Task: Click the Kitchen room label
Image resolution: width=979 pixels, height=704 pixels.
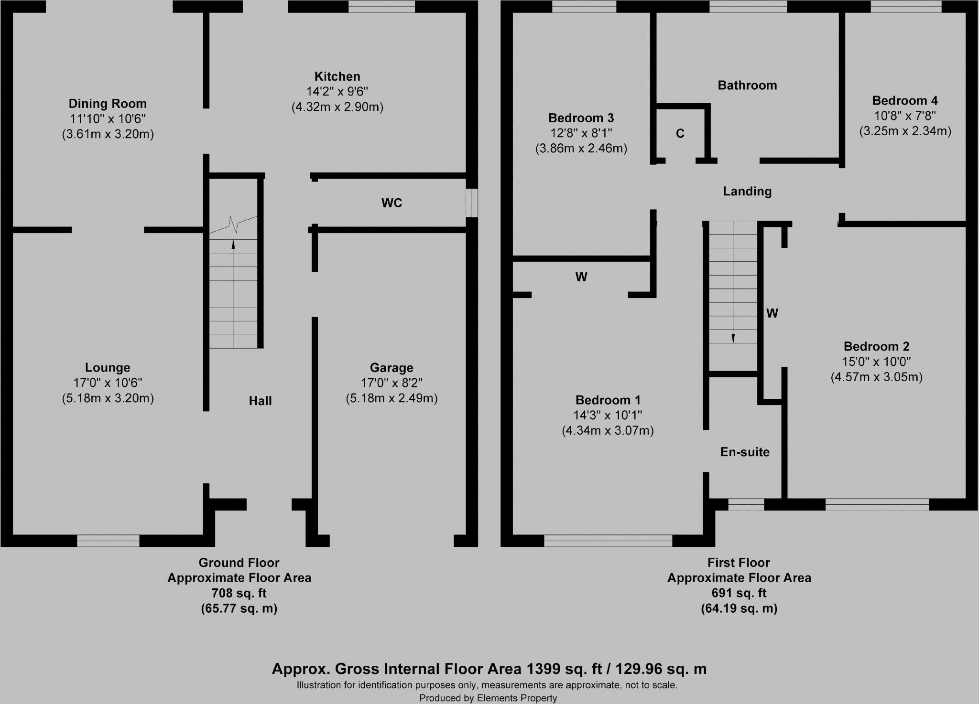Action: (337, 76)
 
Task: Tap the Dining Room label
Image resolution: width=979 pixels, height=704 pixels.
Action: (108, 104)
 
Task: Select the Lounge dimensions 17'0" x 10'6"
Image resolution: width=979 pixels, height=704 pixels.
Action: (108, 383)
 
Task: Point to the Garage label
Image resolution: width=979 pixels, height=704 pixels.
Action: (392, 368)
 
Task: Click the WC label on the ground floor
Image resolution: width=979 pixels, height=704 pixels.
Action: (392, 203)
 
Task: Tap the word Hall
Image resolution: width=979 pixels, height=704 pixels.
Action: (260, 401)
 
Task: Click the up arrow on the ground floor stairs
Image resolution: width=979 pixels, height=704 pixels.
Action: (233, 244)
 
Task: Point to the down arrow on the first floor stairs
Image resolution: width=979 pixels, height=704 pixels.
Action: (733, 337)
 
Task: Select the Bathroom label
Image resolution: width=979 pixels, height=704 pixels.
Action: (747, 85)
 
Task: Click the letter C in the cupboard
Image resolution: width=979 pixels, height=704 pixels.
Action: (680, 134)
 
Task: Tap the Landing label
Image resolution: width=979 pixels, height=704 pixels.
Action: (747, 192)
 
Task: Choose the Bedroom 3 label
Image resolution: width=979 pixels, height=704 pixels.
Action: (581, 118)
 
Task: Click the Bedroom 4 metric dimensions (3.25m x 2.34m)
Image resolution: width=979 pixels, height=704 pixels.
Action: (905, 131)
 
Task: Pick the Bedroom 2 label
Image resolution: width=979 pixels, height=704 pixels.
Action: (876, 346)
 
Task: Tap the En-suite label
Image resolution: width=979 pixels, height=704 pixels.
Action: (745, 452)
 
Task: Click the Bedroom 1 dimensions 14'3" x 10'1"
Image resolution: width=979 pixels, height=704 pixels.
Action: (608, 415)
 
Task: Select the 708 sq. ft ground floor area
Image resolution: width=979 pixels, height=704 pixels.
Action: (239, 593)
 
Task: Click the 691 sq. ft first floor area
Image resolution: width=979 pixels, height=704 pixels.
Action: (739, 593)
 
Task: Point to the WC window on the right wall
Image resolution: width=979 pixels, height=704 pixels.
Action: (472, 203)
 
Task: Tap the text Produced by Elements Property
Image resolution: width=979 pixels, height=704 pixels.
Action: (488, 698)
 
